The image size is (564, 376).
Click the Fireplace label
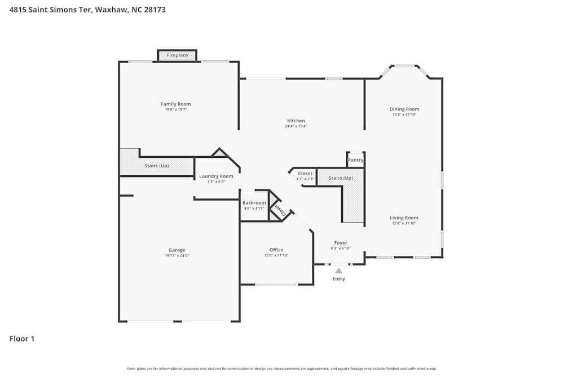click(x=177, y=55)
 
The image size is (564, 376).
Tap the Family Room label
click(x=176, y=104)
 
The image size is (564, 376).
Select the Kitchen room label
click(x=296, y=121)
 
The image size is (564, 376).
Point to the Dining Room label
click(x=404, y=109)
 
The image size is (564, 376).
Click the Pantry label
click(x=355, y=160)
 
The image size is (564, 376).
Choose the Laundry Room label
click(x=216, y=176)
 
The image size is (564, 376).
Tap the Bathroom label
click(x=254, y=203)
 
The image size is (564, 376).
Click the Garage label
click(x=177, y=250)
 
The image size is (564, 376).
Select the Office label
click(x=276, y=250)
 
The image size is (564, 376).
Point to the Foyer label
click(x=341, y=243)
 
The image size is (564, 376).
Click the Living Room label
click(x=404, y=218)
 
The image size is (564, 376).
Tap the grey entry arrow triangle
click(x=338, y=271)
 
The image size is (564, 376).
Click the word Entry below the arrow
click(x=338, y=279)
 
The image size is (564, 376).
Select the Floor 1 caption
click(x=22, y=339)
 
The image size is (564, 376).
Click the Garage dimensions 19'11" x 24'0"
click(x=177, y=256)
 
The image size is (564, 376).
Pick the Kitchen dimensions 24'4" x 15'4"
click(x=296, y=126)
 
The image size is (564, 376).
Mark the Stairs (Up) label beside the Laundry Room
click(x=157, y=166)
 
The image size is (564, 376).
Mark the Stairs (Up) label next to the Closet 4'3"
click(x=341, y=178)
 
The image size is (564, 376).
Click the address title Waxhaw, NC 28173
click(x=130, y=10)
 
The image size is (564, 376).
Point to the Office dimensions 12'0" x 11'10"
click(x=276, y=255)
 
